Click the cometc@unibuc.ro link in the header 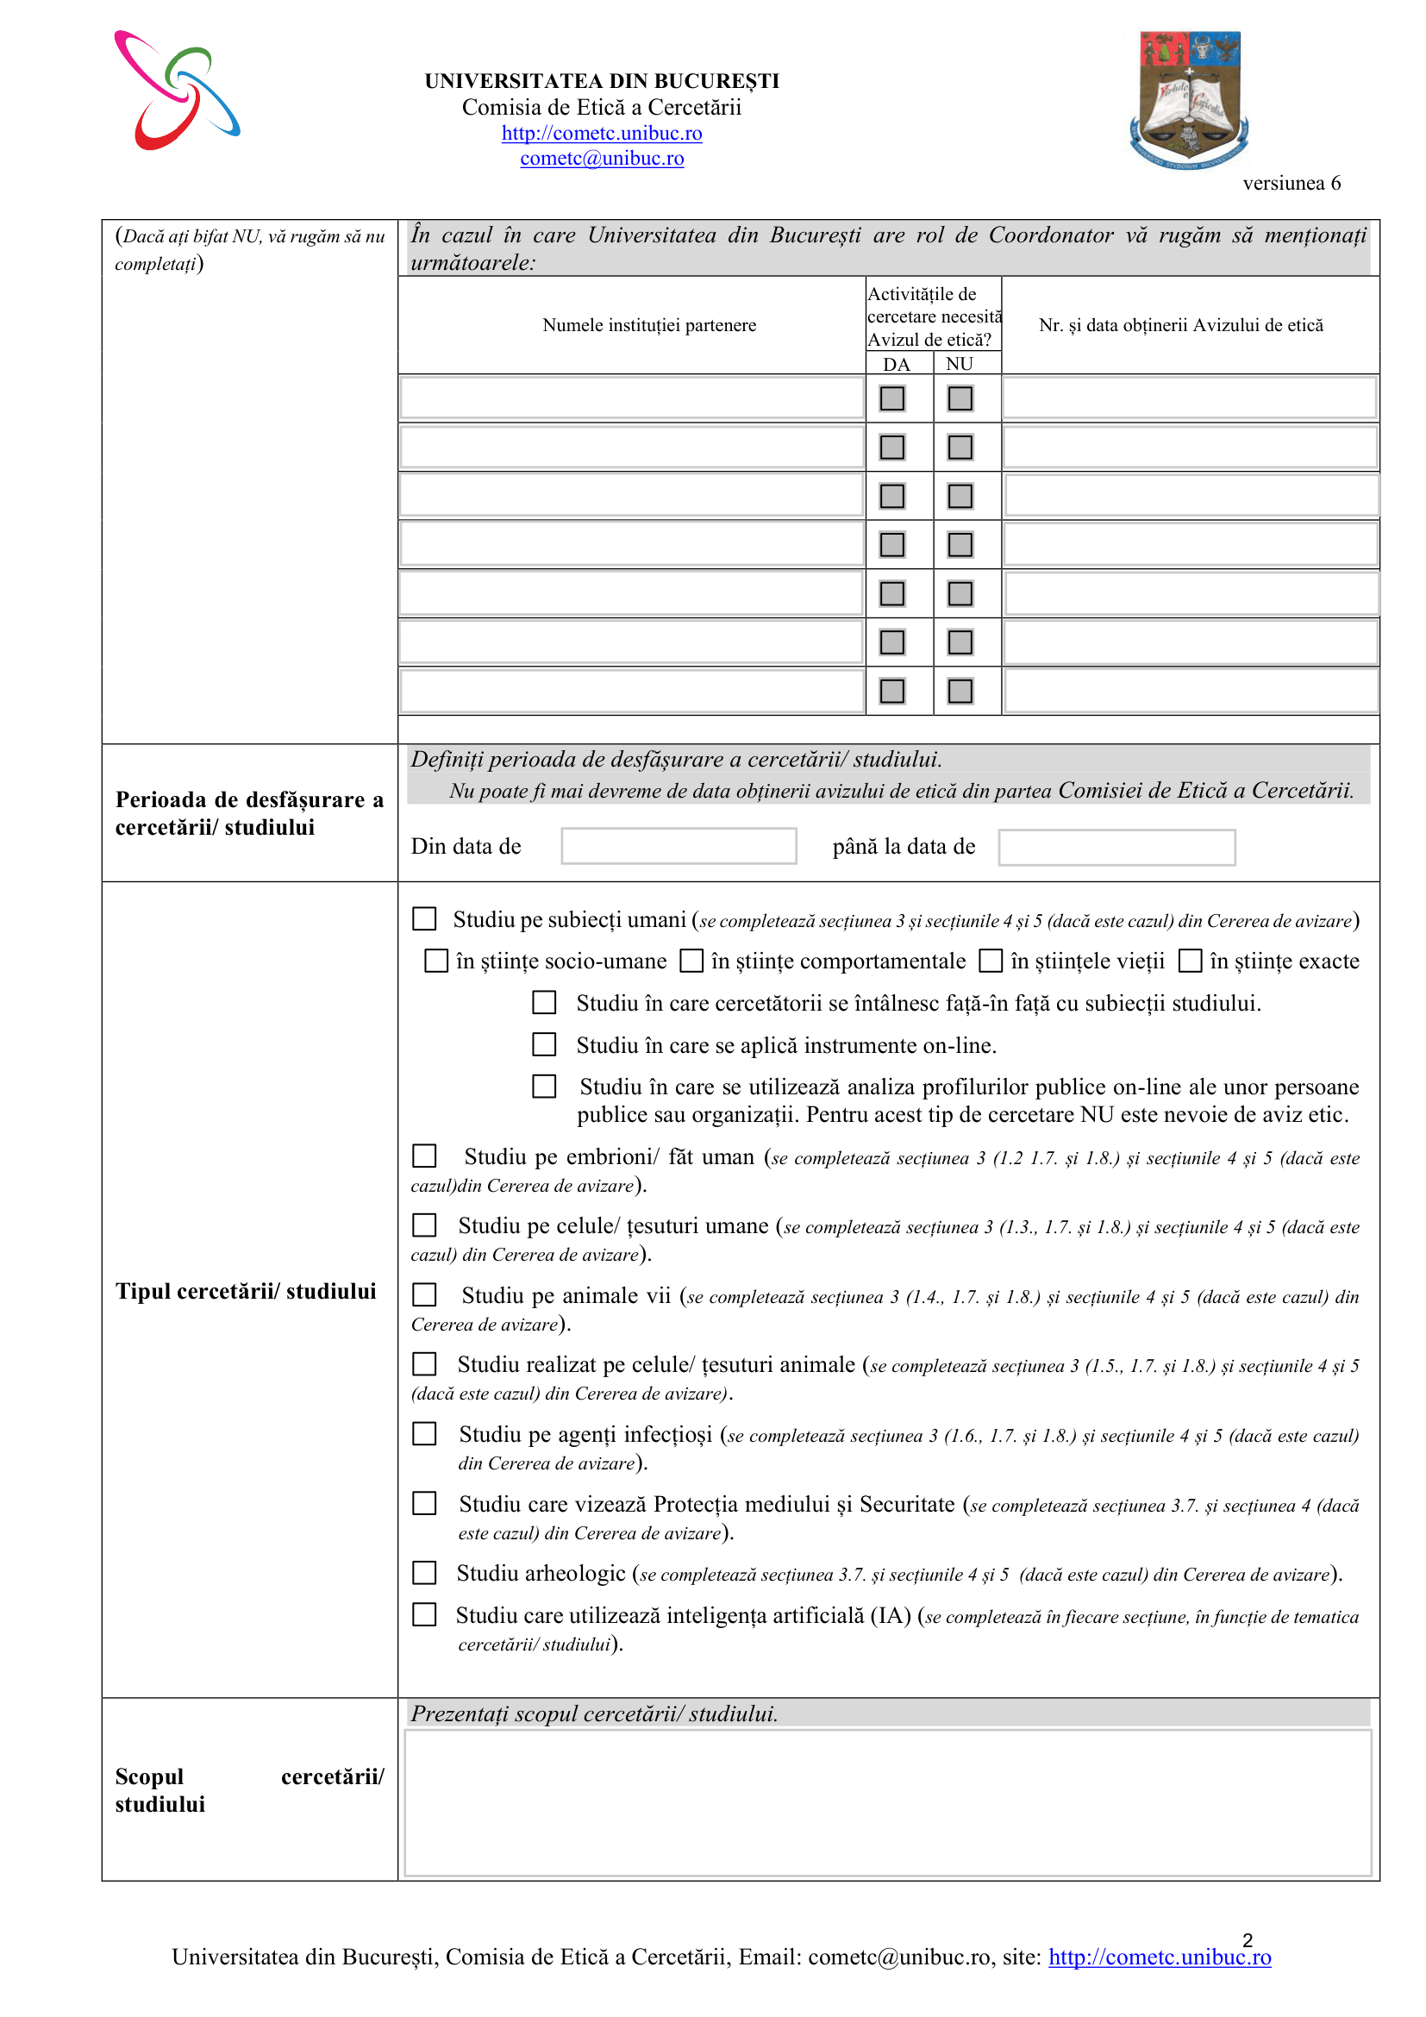(602, 158)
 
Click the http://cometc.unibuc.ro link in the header (602, 133)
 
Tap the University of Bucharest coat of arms (1189, 99)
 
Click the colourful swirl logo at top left (177, 91)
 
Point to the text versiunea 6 (1291, 183)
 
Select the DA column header (896, 364)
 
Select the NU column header (959, 364)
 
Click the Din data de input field (679, 846)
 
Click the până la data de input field (1116, 847)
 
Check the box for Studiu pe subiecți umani (425, 919)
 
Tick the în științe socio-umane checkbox (436, 960)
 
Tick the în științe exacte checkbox (1190, 960)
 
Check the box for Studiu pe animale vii (425, 1294)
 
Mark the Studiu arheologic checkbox (425, 1573)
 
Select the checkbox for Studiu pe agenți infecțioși (425, 1434)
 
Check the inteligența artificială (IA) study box (425, 1614)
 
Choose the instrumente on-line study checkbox (544, 1044)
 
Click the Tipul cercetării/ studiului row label (246, 1291)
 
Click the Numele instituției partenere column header (649, 325)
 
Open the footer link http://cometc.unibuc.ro (1159, 1957)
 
